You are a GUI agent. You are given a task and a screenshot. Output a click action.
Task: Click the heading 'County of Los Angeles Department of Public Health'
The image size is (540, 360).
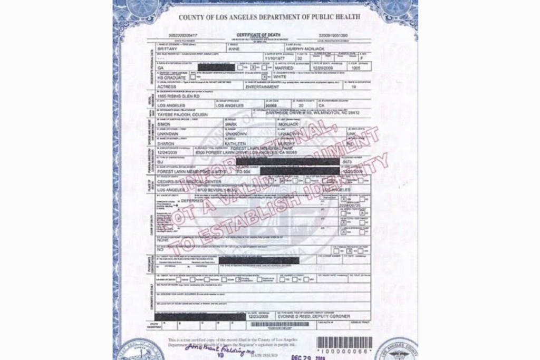(x=269, y=17)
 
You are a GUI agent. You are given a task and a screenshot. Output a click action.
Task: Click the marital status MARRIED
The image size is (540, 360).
(x=284, y=68)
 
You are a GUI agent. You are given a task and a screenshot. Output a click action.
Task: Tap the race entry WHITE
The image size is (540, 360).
(x=280, y=77)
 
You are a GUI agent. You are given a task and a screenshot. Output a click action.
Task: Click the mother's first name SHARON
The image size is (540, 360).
(x=166, y=143)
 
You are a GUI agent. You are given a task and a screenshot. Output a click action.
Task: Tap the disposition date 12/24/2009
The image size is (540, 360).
(x=170, y=152)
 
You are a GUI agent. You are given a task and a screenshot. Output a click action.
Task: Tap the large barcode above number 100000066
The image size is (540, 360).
(x=344, y=342)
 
